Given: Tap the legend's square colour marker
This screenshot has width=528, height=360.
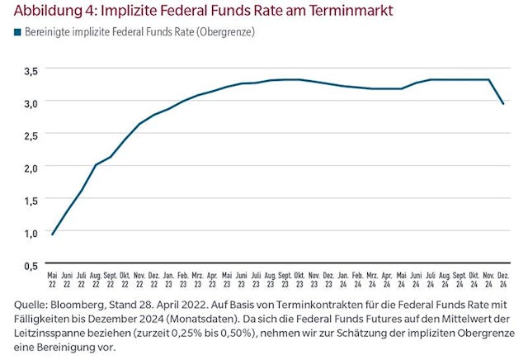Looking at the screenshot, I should click(x=15, y=32).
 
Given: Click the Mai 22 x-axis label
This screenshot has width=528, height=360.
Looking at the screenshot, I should click(x=53, y=277).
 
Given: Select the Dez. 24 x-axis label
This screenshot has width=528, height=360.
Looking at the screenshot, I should click(x=504, y=277).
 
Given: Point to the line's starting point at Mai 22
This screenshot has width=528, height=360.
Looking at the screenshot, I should click(x=53, y=234).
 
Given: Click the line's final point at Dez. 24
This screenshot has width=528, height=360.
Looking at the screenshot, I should click(x=504, y=103).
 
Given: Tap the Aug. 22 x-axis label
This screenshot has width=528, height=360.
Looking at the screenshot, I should click(x=96, y=277).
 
